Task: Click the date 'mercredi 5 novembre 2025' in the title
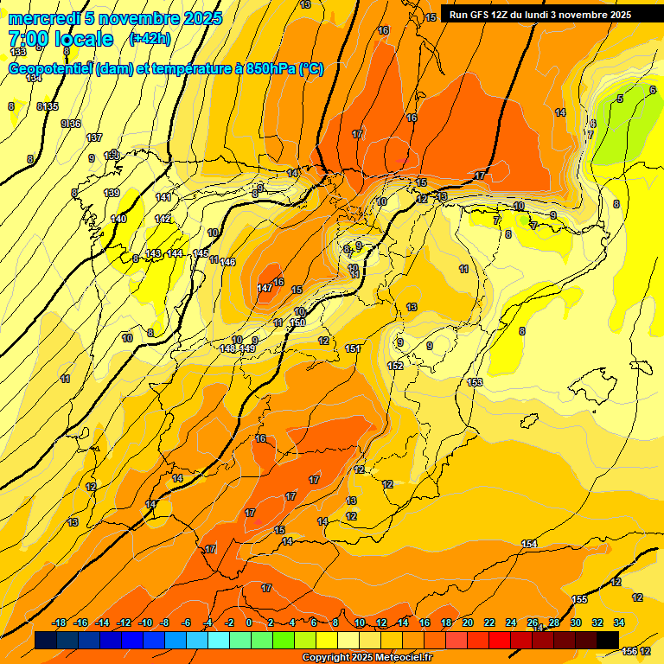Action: tap(115, 18)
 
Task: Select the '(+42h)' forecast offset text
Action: tap(150, 39)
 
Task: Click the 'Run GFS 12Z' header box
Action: tap(540, 14)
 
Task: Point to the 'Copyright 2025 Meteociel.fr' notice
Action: tap(367, 658)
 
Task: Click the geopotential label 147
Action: tap(265, 288)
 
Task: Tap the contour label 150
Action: tap(298, 322)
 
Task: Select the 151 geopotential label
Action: tap(353, 348)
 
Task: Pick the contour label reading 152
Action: tap(395, 366)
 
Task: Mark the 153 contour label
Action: tap(475, 382)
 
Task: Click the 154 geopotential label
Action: tap(529, 543)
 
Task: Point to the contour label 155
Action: tap(580, 599)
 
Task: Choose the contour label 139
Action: tap(112, 193)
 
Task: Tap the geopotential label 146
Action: tap(228, 262)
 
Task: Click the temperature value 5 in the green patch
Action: tap(619, 99)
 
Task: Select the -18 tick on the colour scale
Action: tap(60, 622)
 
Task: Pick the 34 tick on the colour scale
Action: tap(619, 622)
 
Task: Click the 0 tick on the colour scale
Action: tap(249, 622)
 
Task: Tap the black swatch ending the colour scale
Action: tap(608, 640)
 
